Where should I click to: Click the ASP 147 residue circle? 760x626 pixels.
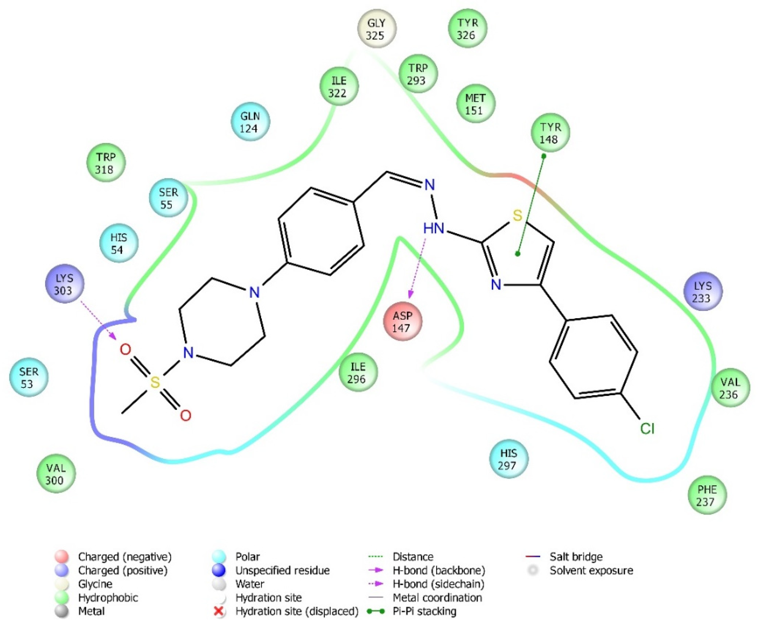point(402,321)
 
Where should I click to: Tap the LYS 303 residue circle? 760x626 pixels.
point(64,284)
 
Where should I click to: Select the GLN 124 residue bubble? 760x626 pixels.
point(250,122)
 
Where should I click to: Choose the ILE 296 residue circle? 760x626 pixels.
point(358,373)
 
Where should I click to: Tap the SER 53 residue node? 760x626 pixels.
point(29,377)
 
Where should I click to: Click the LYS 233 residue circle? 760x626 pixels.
point(703,291)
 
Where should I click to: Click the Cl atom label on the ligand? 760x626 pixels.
point(647,429)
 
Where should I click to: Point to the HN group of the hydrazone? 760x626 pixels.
point(433,228)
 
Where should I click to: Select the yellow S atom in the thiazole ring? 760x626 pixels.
point(517,216)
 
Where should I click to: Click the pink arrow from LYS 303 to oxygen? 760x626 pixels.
point(98,321)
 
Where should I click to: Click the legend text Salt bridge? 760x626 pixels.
point(576,557)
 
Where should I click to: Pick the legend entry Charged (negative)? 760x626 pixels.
point(125,557)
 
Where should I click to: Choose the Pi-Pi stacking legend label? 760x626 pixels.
point(424,611)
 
